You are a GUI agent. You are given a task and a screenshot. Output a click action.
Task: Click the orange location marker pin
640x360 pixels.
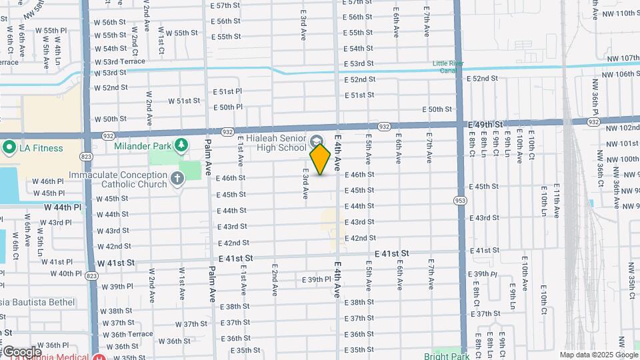pyautogui.click(x=321, y=159)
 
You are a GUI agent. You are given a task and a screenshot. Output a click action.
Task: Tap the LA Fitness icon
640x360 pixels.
pyautogui.click(x=9, y=148)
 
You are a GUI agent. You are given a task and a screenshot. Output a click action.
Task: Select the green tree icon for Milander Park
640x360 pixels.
pyautogui.click(x=181, y=145)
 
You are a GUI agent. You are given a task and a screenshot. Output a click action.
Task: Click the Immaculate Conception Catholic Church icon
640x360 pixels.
pyautogui.click(x=177, y=179)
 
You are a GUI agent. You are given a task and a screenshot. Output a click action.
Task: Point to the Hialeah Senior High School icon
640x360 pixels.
pyautogui.click(x=317, y=141)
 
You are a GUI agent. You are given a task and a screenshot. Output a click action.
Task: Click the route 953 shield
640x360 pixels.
pyautogui.click(x=459, y=200)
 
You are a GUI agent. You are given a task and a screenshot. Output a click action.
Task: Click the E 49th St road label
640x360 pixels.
pyautogui.click(x=485, y=125)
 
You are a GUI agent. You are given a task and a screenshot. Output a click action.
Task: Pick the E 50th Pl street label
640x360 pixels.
pyautogui.click(x=227, y=107)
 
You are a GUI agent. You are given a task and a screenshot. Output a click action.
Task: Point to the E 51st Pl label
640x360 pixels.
pyautogui.click(x=227, y=91)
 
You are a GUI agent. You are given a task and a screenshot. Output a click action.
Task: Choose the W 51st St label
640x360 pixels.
pyautogui.click(x=184, y=101)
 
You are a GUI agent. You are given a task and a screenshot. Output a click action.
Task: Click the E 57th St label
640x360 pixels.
pyautogui.click(x=225, y=5)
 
